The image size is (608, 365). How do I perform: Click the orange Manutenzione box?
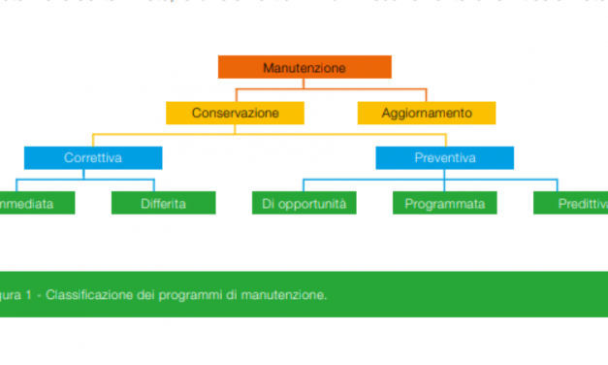304,67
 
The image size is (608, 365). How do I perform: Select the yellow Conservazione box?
235,113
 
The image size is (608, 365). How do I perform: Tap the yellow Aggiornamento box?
427,113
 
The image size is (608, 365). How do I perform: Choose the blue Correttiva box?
93,157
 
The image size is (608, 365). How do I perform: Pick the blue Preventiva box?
445,157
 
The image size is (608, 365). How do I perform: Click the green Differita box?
162,203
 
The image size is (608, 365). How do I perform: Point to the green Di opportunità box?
304,203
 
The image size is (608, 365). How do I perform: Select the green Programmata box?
444,203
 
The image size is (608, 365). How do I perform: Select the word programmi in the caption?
198,295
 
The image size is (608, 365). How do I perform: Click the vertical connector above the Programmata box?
444,184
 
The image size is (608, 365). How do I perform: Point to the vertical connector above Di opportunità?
304,184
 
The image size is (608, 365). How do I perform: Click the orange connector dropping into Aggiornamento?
427,95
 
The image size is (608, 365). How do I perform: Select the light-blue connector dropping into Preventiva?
445,139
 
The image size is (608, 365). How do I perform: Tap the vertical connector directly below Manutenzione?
304,83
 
